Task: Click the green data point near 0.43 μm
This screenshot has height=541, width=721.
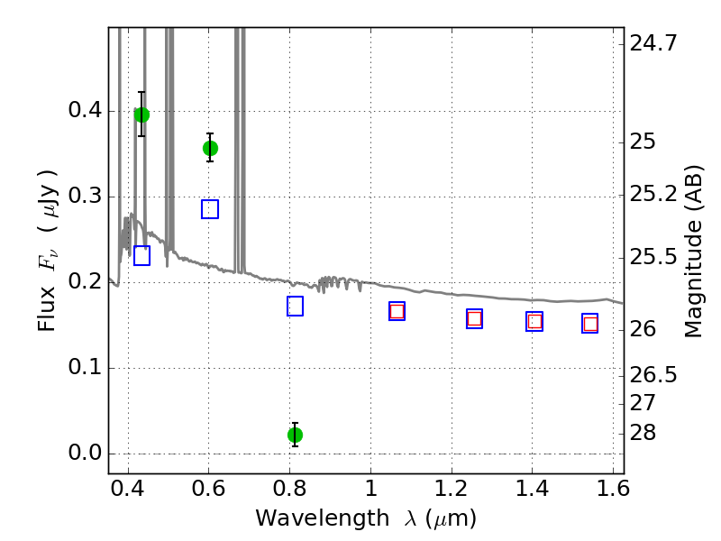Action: click(x=141, y=115)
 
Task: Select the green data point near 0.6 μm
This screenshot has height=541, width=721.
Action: click(x=210, y=148)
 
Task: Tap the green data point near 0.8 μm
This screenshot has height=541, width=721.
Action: click(x=295, y=435)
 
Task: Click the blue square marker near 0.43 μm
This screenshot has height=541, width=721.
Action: click(x=141, y=256)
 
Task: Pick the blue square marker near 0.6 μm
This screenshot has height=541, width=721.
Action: click(x=210, y=209)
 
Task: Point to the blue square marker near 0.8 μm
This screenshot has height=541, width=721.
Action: click(x=295, y=307)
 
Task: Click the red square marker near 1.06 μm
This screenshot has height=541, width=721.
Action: click(x=397, y=311)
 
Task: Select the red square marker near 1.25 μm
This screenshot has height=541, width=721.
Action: click(x=475, y=319)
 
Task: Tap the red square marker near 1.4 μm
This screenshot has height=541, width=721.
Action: click(x=534, y=321)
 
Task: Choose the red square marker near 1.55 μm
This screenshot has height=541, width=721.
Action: click(x=590, y=324)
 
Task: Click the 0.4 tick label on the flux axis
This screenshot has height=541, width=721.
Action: click(x=85, y=110)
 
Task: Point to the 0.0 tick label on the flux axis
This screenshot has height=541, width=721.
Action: click(x=85, y=454)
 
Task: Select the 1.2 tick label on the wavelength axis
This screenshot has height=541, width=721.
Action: click(x=452, y=489)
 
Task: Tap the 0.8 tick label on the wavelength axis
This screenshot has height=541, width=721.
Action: click(x=289, y=489)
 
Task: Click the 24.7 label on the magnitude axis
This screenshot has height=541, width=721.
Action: click(x=653, y=43)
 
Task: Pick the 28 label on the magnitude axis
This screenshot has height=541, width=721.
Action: click(x=643, y=433)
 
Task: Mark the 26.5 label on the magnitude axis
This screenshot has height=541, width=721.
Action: click(x=653, y=375)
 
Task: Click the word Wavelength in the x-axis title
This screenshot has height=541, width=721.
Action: click(x=323, y=518)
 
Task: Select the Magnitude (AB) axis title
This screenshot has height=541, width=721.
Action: click(x=694, y=252)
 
